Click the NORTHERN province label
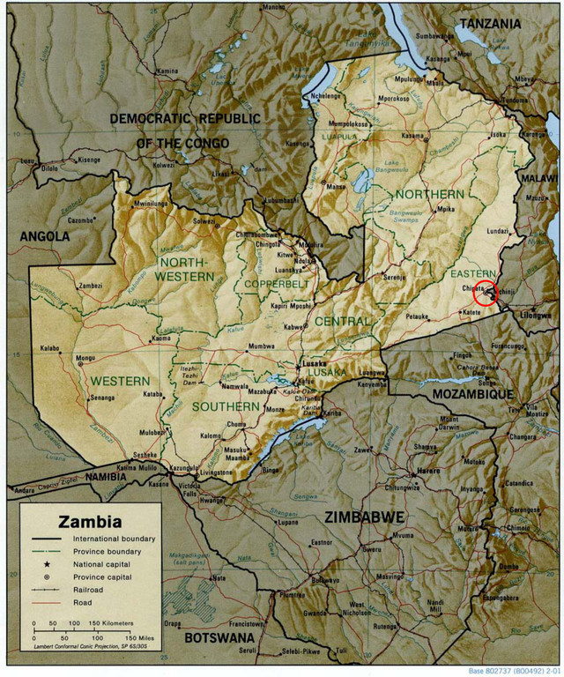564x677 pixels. click(x=429, y=193)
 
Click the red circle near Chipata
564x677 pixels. click(x=486, y=294)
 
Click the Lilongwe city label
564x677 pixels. click(x=535, y=315)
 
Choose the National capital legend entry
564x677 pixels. click(x=108, y=562)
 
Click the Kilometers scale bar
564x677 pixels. click(x=84, y=627)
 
